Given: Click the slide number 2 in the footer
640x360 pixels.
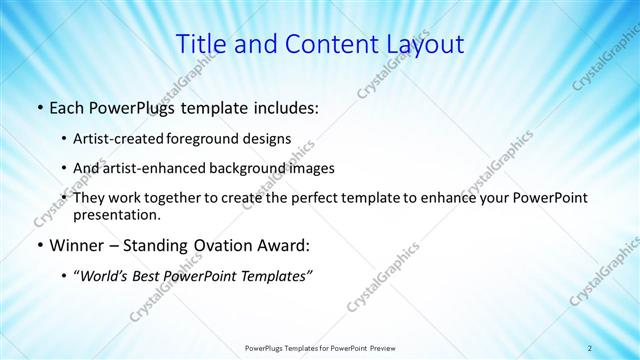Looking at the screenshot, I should pyautogui.click(x=590, y=348).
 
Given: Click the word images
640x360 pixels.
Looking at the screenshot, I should pyautogui.click(x=311, y=168).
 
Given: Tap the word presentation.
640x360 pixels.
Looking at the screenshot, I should pyautogui.click(x=116, y=214).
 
